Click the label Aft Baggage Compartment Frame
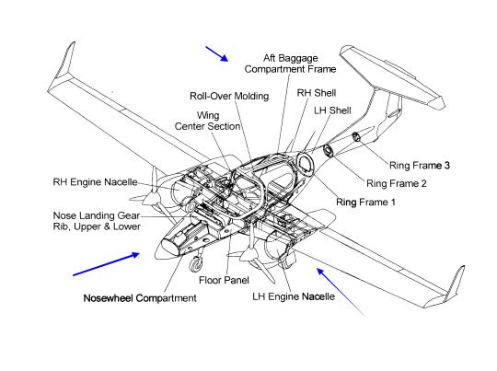(x=290, y=64)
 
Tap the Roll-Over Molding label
(x=229, y=96)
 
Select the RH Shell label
(x=317, y=93)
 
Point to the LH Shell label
(x=332, y=110)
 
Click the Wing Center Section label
(x=207, y=121)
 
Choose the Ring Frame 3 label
(x=420, y=165)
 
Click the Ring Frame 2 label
(x=397, y=183)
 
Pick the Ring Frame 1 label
(x=365, y=202)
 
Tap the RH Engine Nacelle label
(x=95, y=182)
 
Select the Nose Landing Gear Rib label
(x=97, y=221)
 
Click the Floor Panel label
(x=224, y=280)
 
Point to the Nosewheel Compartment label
(x=140, y=298)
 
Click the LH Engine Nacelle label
(x=294, y=296)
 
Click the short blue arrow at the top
(x=217, y=54)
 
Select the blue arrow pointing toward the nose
(x=106, y=264)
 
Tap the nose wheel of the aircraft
(x=195, y=264)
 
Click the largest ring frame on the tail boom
(x=306, y=165)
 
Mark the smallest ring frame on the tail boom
(x=356, y=137)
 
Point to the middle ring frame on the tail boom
(x=328, y=150)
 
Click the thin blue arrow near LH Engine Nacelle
(x=341, y=292)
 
